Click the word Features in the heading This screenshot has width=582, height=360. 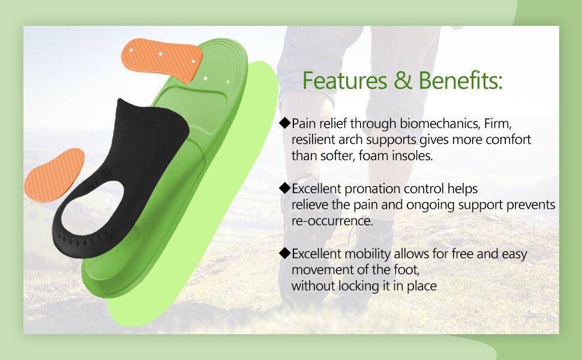coord(336,80)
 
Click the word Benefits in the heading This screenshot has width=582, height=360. coord(460,80)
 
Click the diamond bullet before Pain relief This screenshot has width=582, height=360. coord(285,123)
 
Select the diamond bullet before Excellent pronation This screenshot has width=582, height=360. coord(285,188)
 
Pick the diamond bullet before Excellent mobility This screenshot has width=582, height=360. coord(285,253)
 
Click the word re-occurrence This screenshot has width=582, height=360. coord(332,221)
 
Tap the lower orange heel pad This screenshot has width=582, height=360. coord(54,175)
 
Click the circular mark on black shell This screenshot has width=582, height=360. coord(108,174)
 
